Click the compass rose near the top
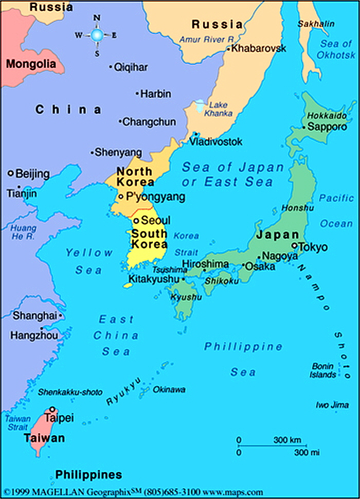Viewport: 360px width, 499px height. pos(97,35)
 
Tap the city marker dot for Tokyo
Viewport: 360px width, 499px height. pos(295,246)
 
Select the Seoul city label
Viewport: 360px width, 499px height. pos(155,220)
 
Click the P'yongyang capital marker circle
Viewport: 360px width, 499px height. pos(120,197)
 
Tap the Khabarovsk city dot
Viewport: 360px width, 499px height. pos(228,49)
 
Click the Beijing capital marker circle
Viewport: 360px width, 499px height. pos(10,173)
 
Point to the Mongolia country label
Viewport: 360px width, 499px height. pos(31,64)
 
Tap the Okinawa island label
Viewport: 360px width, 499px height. pos(169,389)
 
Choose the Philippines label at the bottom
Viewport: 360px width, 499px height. pos(88,474)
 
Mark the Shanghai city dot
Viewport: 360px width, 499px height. pos(61,315)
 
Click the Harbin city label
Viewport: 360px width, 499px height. pos(156,94)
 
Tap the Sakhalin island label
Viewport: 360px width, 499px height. pos(316,24)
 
